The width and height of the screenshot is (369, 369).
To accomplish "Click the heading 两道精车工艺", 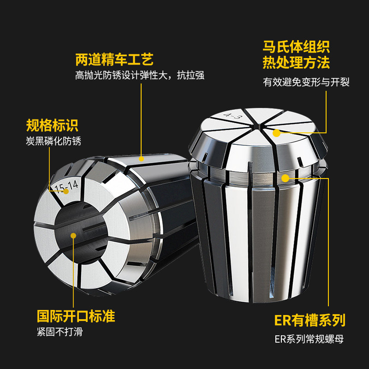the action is coord(114,60).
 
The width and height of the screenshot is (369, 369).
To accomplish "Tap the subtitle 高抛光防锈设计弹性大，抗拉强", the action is coord(140,76).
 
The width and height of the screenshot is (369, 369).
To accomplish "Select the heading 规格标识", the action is coord(52,125).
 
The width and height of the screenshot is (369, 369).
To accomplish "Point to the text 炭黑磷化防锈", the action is coord(54,141).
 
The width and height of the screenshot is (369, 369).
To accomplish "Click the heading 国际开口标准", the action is coord(76,317).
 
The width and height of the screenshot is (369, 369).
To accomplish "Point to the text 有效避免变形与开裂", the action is coord(306,82).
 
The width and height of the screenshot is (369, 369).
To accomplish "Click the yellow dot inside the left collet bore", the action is coord(74,235).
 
